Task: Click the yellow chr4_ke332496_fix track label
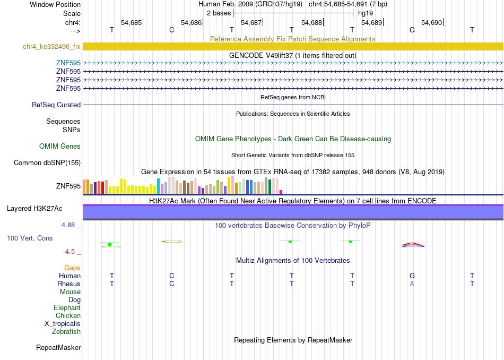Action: [51, 47]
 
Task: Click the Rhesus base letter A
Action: [412, 284]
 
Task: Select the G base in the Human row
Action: [412, 276]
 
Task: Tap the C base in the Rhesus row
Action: [172, 284]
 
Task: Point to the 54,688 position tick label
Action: [311, 22]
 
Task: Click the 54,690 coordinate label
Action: [432, 22]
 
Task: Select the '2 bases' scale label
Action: [219, 13]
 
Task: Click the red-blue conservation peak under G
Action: [413, 245]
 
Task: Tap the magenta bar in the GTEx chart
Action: [281, 192]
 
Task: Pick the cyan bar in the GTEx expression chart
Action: [158, 186]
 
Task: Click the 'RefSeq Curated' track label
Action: [56, 105]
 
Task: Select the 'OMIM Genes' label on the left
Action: [60, 147]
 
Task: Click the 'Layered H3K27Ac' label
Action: [34, 209]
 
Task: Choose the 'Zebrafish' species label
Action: [66, 332]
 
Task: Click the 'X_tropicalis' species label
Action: [63, 324]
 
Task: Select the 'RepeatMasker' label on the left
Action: [58, 347]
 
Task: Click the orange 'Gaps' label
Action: [72, 268]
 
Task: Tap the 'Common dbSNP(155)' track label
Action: [47, 163]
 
